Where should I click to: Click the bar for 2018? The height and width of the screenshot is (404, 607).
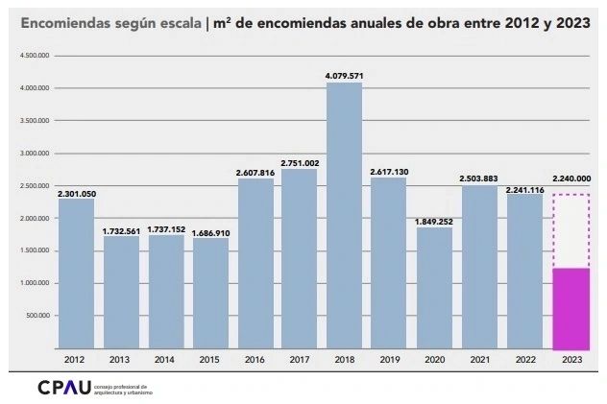click(345, 216)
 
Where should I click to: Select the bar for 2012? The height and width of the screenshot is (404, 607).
click(76, 273)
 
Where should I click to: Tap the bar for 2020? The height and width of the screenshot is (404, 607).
click(434, 288)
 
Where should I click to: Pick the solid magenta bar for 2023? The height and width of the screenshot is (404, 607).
click(571, 308)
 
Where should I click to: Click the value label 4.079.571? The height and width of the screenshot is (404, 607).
click(345, 75)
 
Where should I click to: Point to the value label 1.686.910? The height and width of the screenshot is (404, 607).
click(210, 232)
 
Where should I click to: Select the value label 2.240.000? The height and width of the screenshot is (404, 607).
click(571, 178)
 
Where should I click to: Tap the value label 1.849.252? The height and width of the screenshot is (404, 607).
click(434, 222)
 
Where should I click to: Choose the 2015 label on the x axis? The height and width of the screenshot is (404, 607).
click(210, 360)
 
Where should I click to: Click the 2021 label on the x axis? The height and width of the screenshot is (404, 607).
click(479, 360)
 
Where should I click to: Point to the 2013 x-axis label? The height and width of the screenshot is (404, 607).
click(121, 360)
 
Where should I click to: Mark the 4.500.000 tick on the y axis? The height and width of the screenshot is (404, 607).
click(35, 56)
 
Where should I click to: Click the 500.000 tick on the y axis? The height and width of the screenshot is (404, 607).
click(37, 316)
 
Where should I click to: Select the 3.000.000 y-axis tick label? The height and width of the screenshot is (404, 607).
click(35, 154)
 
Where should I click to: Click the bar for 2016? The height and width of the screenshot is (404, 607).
click(255, 263)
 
